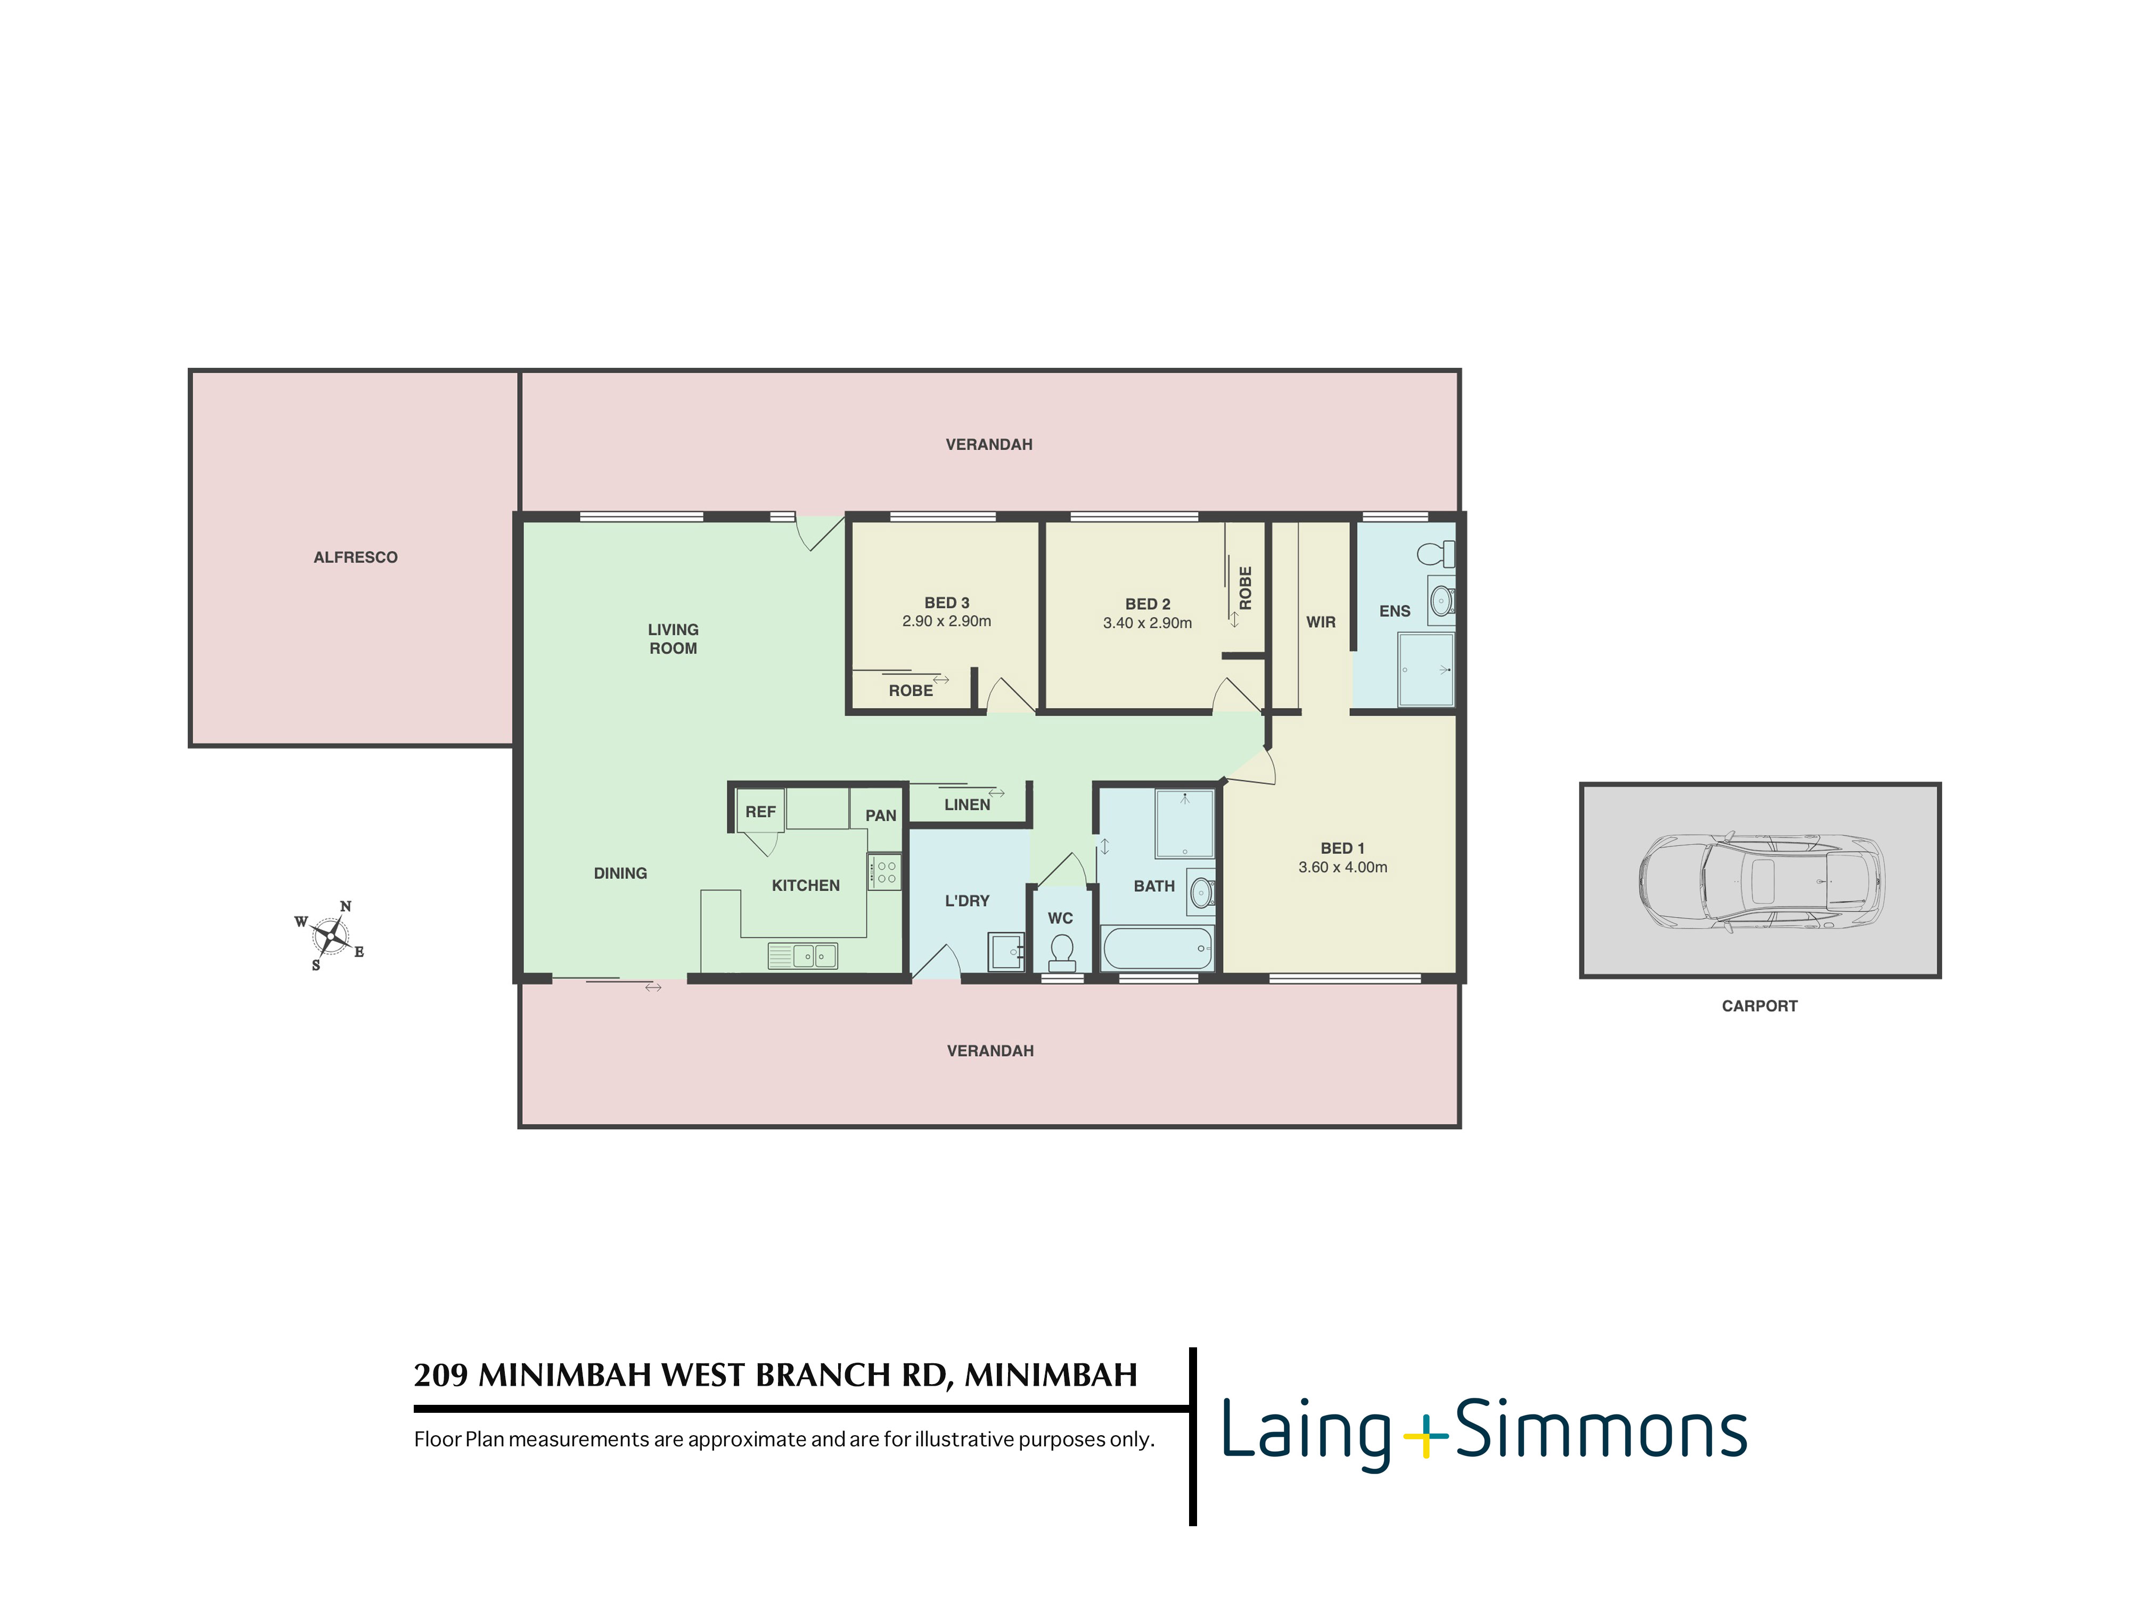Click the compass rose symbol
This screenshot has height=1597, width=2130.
pyautogui.click(x=330, y=935)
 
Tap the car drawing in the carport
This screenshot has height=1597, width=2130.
pyautogui.click(x=1761, y=882)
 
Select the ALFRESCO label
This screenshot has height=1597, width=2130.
pyautogui.click(x=355, y=557)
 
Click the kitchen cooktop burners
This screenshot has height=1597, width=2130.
pyautogui.click(x=884, y=872)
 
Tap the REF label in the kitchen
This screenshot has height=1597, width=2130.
pyautogui.click(x=760, y=811)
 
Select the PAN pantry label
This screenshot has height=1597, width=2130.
pyautogui.click(x=880, y=816)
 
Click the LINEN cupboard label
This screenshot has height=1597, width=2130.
pyautogui.click(x=967, y=805)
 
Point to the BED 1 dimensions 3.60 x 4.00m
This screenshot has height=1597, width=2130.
pyautogui.click(x=1342, y=867)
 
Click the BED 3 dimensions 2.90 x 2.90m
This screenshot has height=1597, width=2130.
pyautogui.click(x=947, y=621)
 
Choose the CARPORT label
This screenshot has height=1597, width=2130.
pyautogui.click(x=1759, y=1006)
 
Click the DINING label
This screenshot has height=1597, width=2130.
pyautogui.click(x=620, y=873)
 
